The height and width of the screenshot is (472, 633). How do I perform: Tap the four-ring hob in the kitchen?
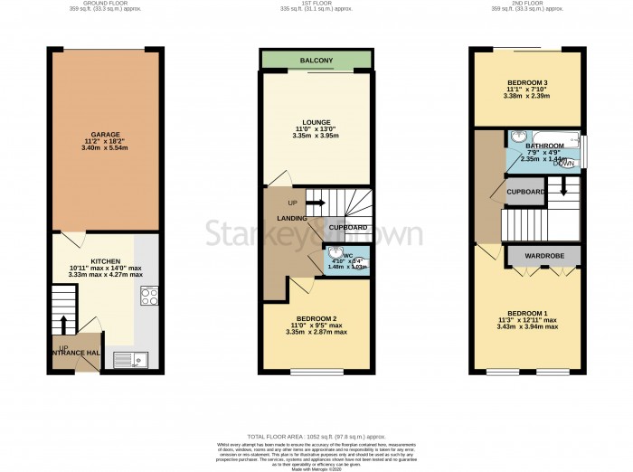tap(148, 296)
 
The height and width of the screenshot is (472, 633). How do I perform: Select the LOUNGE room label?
tap(316, 122)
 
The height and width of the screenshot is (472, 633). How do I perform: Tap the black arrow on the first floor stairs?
tap(316, 202)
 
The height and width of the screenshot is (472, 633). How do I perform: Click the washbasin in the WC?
tap(334, 254)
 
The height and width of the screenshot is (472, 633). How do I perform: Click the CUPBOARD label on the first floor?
tap(346, 227)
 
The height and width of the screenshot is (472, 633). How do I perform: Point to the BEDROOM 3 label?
tap(525, 82)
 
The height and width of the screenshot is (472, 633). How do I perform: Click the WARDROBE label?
tap(544, 257)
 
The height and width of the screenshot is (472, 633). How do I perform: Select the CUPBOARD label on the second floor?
tap(524, 193)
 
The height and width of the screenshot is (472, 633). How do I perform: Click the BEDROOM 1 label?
tap(525, 312)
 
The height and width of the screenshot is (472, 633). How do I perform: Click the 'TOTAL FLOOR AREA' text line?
tap(316, 434)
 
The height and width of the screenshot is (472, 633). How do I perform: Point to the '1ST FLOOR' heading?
tap(316, 4)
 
